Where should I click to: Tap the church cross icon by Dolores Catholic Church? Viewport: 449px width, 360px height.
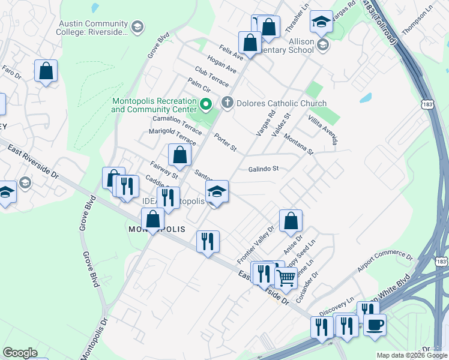227,103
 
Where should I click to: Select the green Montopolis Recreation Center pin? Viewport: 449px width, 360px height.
206,106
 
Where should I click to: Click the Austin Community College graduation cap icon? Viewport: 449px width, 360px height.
137,27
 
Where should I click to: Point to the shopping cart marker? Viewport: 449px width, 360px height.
286,277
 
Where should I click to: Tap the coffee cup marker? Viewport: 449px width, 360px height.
375,325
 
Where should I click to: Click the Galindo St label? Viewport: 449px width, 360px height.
264,169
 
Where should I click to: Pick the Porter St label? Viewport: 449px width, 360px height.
226,142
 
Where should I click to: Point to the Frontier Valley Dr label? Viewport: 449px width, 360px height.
255,242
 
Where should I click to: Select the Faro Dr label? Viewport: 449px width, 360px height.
11,73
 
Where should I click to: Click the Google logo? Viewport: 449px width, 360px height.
20,353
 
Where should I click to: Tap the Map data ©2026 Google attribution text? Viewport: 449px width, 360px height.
411,355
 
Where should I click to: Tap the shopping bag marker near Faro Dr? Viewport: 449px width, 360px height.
46,71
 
